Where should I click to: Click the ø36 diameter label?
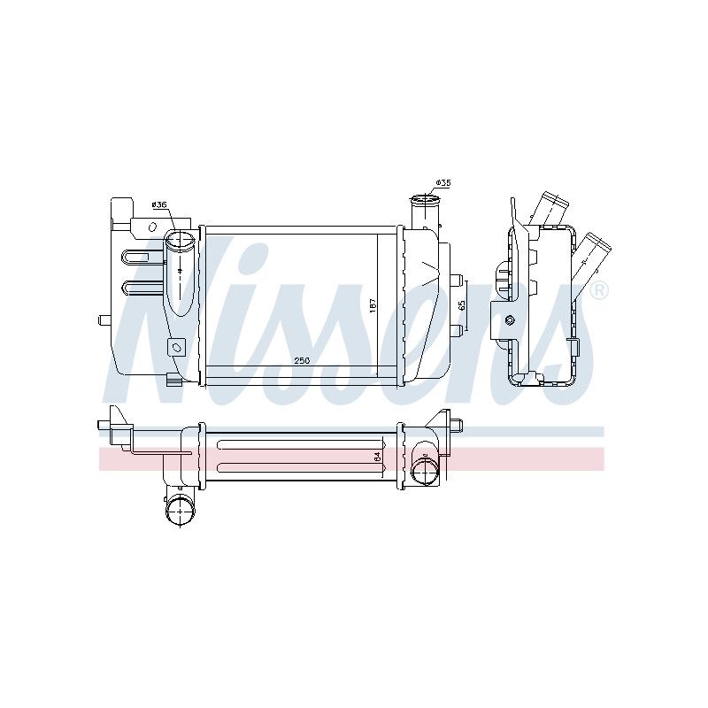click(160, 204)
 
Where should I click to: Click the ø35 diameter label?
click(443, 183)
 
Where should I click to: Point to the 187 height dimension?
click(373, 306)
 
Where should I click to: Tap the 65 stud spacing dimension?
click(461, 306)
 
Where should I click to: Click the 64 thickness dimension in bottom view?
click(378, 456)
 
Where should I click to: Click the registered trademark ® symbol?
click(599, 290)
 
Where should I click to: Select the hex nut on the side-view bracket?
click(509, 320)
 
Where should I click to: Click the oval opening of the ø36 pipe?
click(180, 240)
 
